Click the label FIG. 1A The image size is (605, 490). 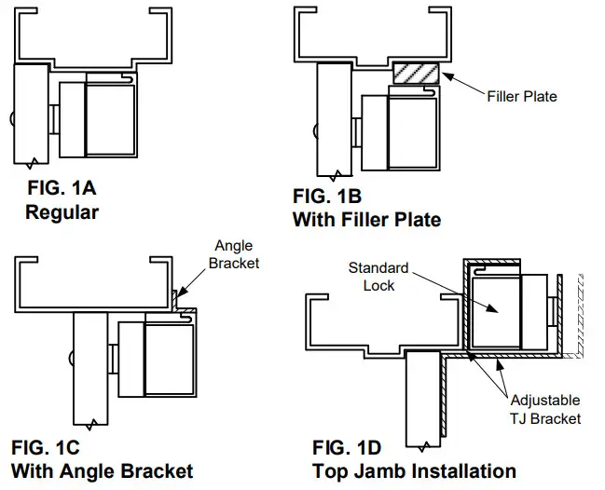(61, 189)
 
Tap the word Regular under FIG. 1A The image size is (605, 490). (62, 211)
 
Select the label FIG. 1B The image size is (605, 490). (326, 197)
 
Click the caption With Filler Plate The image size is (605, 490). (366, 220)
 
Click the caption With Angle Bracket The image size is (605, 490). (102, 470)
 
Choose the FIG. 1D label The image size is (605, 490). (348, 446)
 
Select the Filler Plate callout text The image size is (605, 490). (521, 95)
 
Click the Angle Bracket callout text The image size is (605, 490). (234, 254)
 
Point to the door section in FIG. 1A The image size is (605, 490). (33, 114)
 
